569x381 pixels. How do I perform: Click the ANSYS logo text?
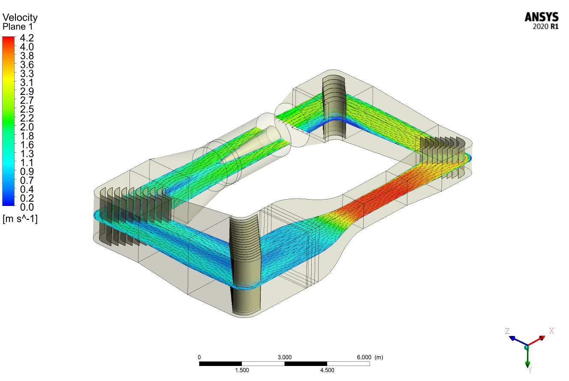pos(542,17)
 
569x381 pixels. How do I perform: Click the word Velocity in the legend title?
pos(20,18)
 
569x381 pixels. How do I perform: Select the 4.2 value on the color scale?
pos(27,38)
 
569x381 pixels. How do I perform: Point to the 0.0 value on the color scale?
pos(27,207)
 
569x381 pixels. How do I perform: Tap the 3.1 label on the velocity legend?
pos(27,82)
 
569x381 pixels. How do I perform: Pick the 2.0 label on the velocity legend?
pos(27,127)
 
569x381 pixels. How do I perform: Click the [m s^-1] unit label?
pos(20,219)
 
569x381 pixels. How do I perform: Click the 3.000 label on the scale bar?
pos(285,357)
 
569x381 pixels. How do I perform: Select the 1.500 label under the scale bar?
pos(242,370)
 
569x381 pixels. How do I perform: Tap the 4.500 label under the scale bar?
pos(327,370)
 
